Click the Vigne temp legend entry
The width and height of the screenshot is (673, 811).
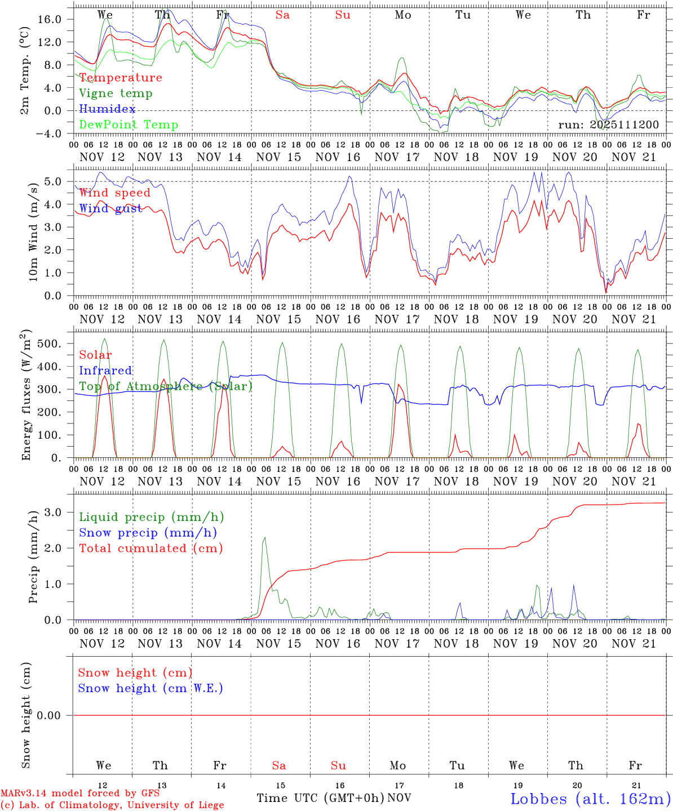116,93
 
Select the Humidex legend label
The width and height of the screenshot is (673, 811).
107,109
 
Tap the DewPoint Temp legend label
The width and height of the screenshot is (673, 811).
129,125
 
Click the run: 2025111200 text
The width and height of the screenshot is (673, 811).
608,124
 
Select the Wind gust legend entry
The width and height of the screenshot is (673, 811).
110,208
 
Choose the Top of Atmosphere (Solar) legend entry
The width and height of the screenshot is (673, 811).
166,386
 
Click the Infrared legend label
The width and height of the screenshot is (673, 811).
105,371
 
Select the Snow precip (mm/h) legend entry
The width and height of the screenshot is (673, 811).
148,533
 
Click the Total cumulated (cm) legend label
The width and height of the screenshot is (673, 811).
151,549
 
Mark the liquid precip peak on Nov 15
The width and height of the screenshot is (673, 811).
264,538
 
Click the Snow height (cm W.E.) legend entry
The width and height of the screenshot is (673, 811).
150,688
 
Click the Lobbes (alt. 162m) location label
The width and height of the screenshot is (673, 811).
590,799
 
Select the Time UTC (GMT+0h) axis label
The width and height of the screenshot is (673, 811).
321,798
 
